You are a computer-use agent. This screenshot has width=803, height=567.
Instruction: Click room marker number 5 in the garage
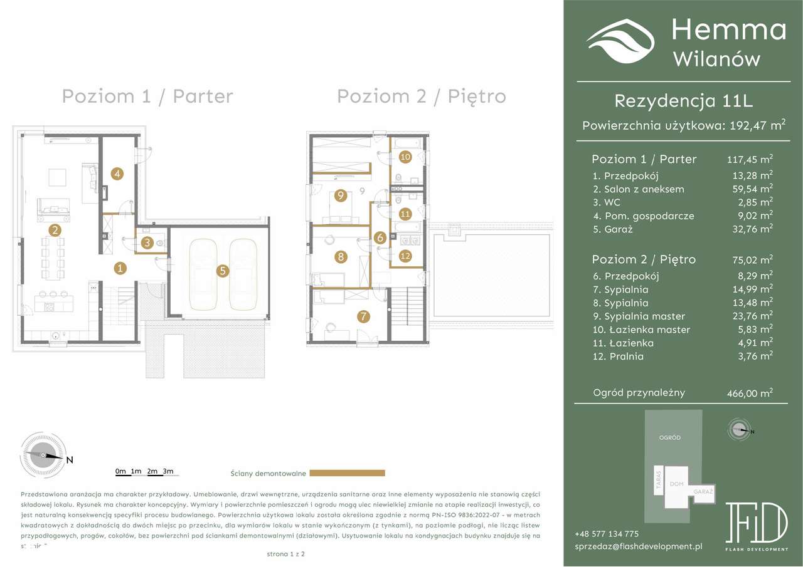click(x=223, y=271)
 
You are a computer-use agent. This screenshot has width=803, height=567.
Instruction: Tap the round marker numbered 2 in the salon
click(x=56, y=230)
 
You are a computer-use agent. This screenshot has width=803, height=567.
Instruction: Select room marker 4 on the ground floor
click(x=117, y=174)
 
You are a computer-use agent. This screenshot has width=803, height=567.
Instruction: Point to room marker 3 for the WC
click(x=147, y=242)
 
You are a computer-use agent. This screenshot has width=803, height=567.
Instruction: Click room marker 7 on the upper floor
click(x=363, y=317)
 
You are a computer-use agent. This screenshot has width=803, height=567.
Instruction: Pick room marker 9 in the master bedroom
click(x=341, y=196)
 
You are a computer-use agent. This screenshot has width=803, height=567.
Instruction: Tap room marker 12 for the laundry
click(x=405, y=256)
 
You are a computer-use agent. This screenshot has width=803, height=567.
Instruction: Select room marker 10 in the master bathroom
click(x=405, y=157)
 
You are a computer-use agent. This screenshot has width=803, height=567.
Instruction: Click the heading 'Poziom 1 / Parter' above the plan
click(x=147, y=96)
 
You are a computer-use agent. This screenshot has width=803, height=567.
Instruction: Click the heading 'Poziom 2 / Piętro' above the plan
click(x=422, y=96)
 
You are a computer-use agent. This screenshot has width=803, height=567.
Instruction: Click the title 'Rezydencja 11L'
click(x=683, y=100)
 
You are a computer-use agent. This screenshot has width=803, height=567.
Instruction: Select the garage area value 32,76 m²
click(x=748, y=229)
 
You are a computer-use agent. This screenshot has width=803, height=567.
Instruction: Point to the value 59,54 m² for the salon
click(x=748, y=189)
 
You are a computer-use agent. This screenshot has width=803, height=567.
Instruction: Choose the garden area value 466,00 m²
click(x=745, y=393)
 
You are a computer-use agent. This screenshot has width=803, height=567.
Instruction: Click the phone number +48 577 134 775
click(x=606, y=534)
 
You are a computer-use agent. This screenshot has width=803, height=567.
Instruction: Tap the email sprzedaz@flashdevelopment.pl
click(x=638, y=546)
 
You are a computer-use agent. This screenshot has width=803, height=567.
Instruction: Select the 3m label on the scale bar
click(x=168, y=471)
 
